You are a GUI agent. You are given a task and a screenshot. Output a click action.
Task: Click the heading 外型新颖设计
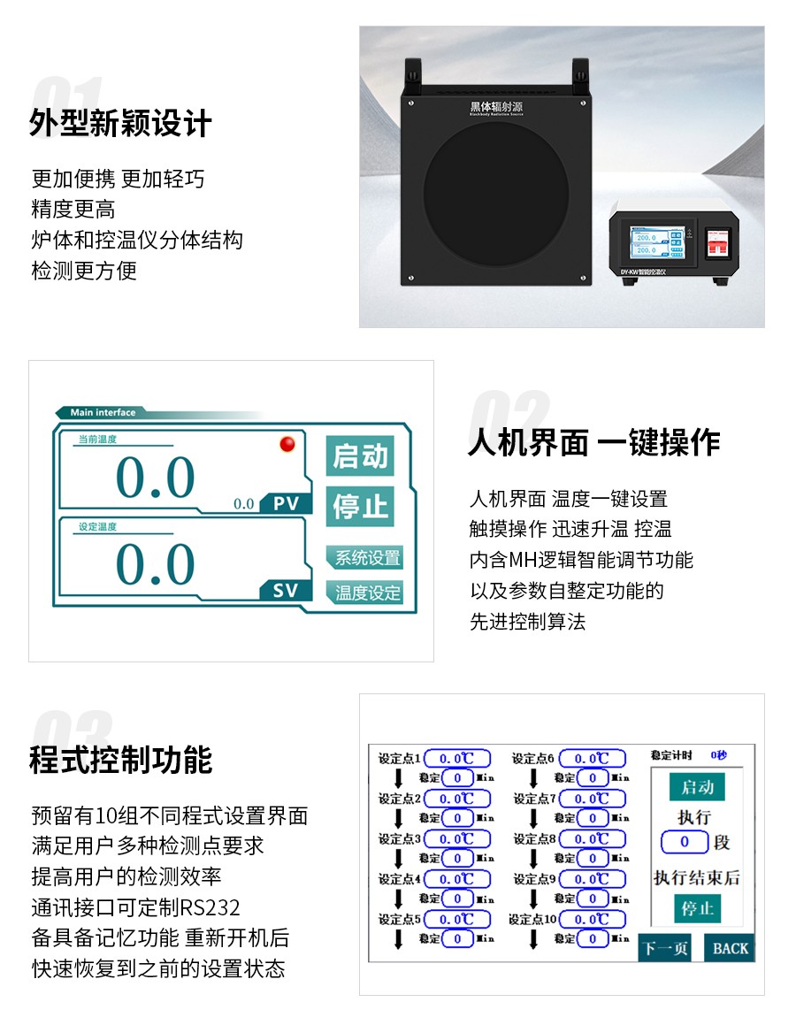point(121,124)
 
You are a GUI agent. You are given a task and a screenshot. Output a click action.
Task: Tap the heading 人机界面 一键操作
point(593,442)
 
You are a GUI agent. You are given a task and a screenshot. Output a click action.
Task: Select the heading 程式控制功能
point(121,760)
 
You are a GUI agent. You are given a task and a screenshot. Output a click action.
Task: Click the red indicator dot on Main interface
point(287,444)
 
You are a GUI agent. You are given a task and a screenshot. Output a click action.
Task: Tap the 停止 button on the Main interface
point(360,507)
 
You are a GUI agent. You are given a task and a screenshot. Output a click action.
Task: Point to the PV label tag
point(286,504)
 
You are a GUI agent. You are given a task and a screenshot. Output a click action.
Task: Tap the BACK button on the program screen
point(731,948)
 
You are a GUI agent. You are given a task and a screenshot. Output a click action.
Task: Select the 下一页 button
point(664,948)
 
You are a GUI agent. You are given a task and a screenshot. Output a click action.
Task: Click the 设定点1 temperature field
point(457,759)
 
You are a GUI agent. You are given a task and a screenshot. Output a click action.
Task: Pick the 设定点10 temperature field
point(592,920)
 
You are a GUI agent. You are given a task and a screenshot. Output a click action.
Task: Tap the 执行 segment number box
point(685,842)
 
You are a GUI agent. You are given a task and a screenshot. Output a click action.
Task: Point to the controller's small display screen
point(655,244)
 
